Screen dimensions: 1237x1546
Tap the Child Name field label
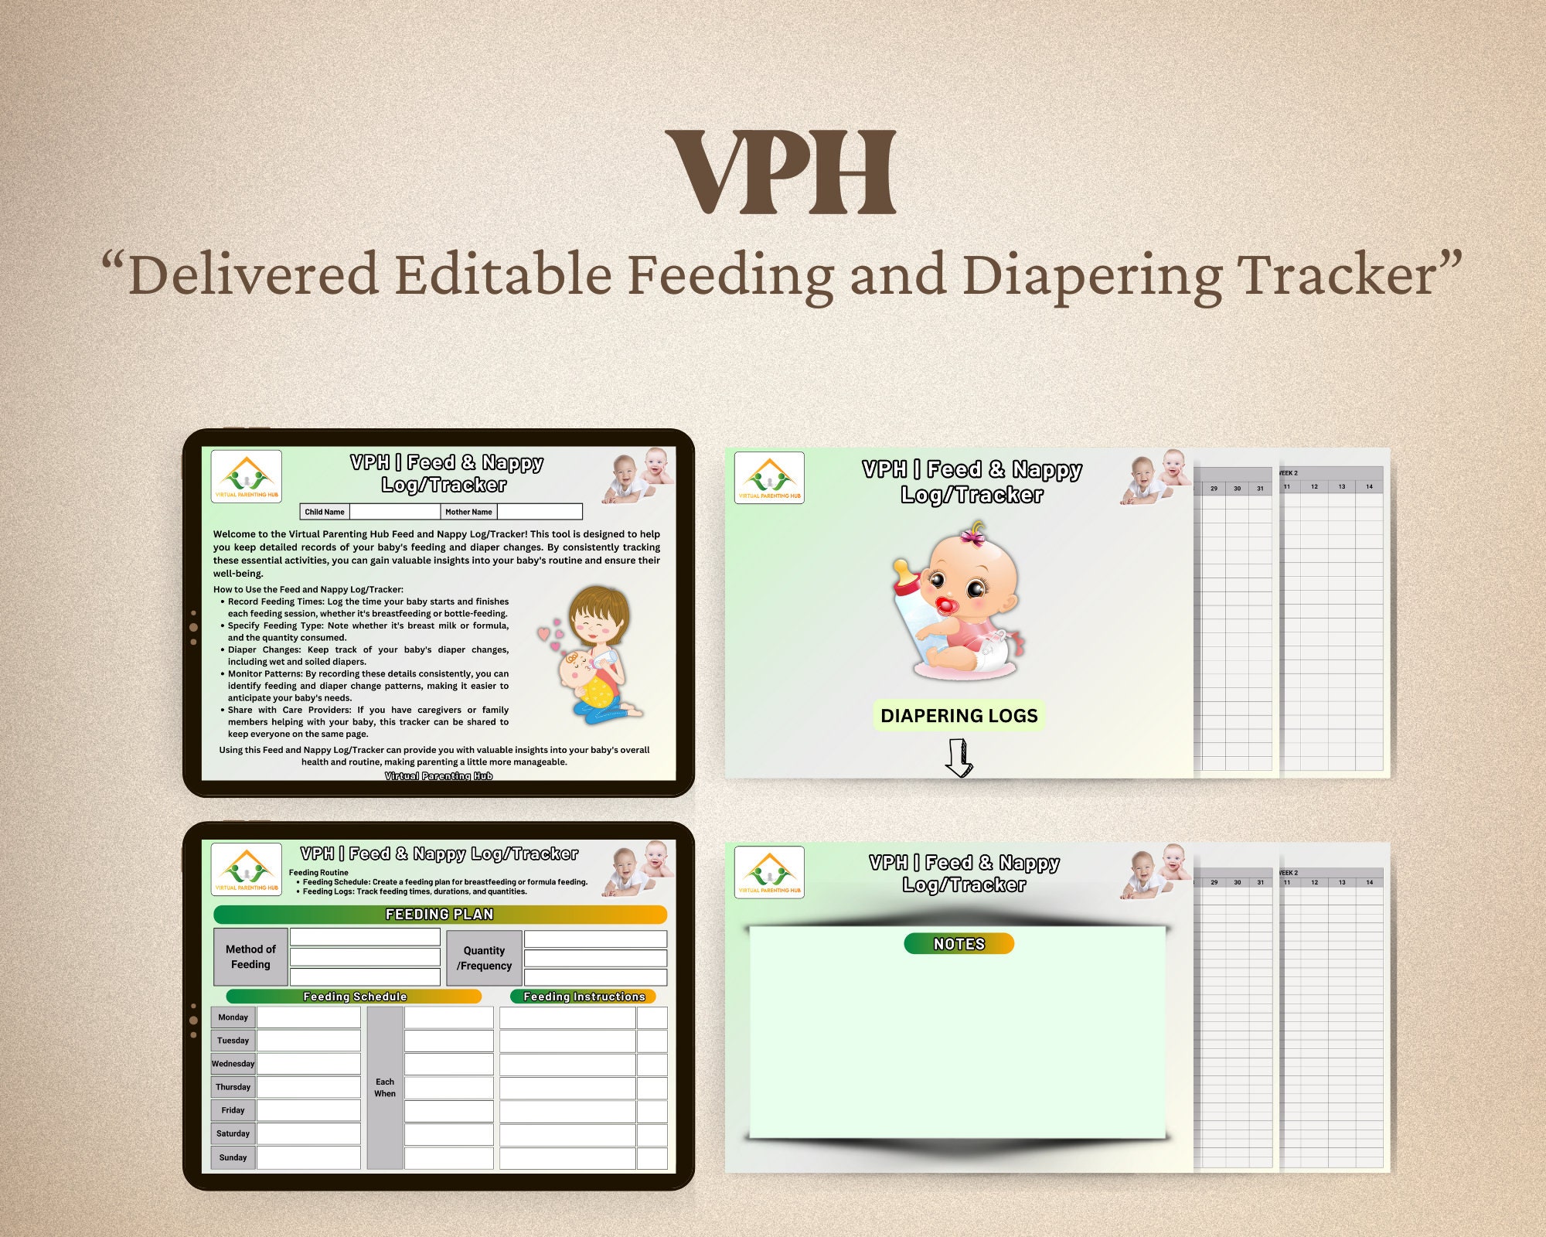click(325, 512)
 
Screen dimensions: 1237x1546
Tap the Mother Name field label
click(468, 512)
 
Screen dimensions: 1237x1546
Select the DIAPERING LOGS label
click(959, 716)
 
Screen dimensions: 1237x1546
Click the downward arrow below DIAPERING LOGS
click(959, 758)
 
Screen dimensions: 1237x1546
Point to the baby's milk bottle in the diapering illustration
click(912, 611)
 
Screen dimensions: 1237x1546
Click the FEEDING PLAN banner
click(439, 915)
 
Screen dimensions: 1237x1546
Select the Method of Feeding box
click(250, 957)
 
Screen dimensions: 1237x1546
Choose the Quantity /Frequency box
click(484, 958)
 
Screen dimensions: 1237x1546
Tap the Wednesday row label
click(233, 1064)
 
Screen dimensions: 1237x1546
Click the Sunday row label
click(233, 1157)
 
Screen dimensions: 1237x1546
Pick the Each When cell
click(385, 1088)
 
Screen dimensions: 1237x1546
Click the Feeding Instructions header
click(584, 997)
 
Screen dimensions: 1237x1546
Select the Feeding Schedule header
click(355, 997)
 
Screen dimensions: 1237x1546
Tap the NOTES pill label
click(959, 944)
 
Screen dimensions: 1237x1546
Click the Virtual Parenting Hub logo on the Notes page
click(769, 872)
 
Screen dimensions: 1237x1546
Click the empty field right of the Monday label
click(308, 1017)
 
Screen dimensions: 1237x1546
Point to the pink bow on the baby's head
click(973, 535)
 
